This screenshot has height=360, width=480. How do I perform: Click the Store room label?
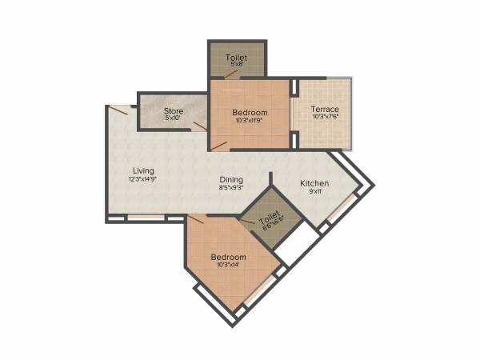174,110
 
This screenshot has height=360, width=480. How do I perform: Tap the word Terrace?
325,109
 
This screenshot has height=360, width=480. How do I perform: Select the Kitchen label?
314,184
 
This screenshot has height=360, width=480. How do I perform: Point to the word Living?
143,170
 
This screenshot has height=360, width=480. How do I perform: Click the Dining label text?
231,180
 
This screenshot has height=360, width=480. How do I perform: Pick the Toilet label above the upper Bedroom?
236,58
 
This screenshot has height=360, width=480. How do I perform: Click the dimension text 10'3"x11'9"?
250,122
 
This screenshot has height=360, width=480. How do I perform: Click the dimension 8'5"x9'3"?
231,190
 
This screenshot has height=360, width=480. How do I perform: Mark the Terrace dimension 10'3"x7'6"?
325,118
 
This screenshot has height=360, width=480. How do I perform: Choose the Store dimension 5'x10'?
174,119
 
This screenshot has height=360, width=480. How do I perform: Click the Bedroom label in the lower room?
227,257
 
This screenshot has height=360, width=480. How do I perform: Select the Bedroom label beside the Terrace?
250,113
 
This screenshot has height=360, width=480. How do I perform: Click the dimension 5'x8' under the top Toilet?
236,66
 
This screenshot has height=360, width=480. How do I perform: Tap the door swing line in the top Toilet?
231,74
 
